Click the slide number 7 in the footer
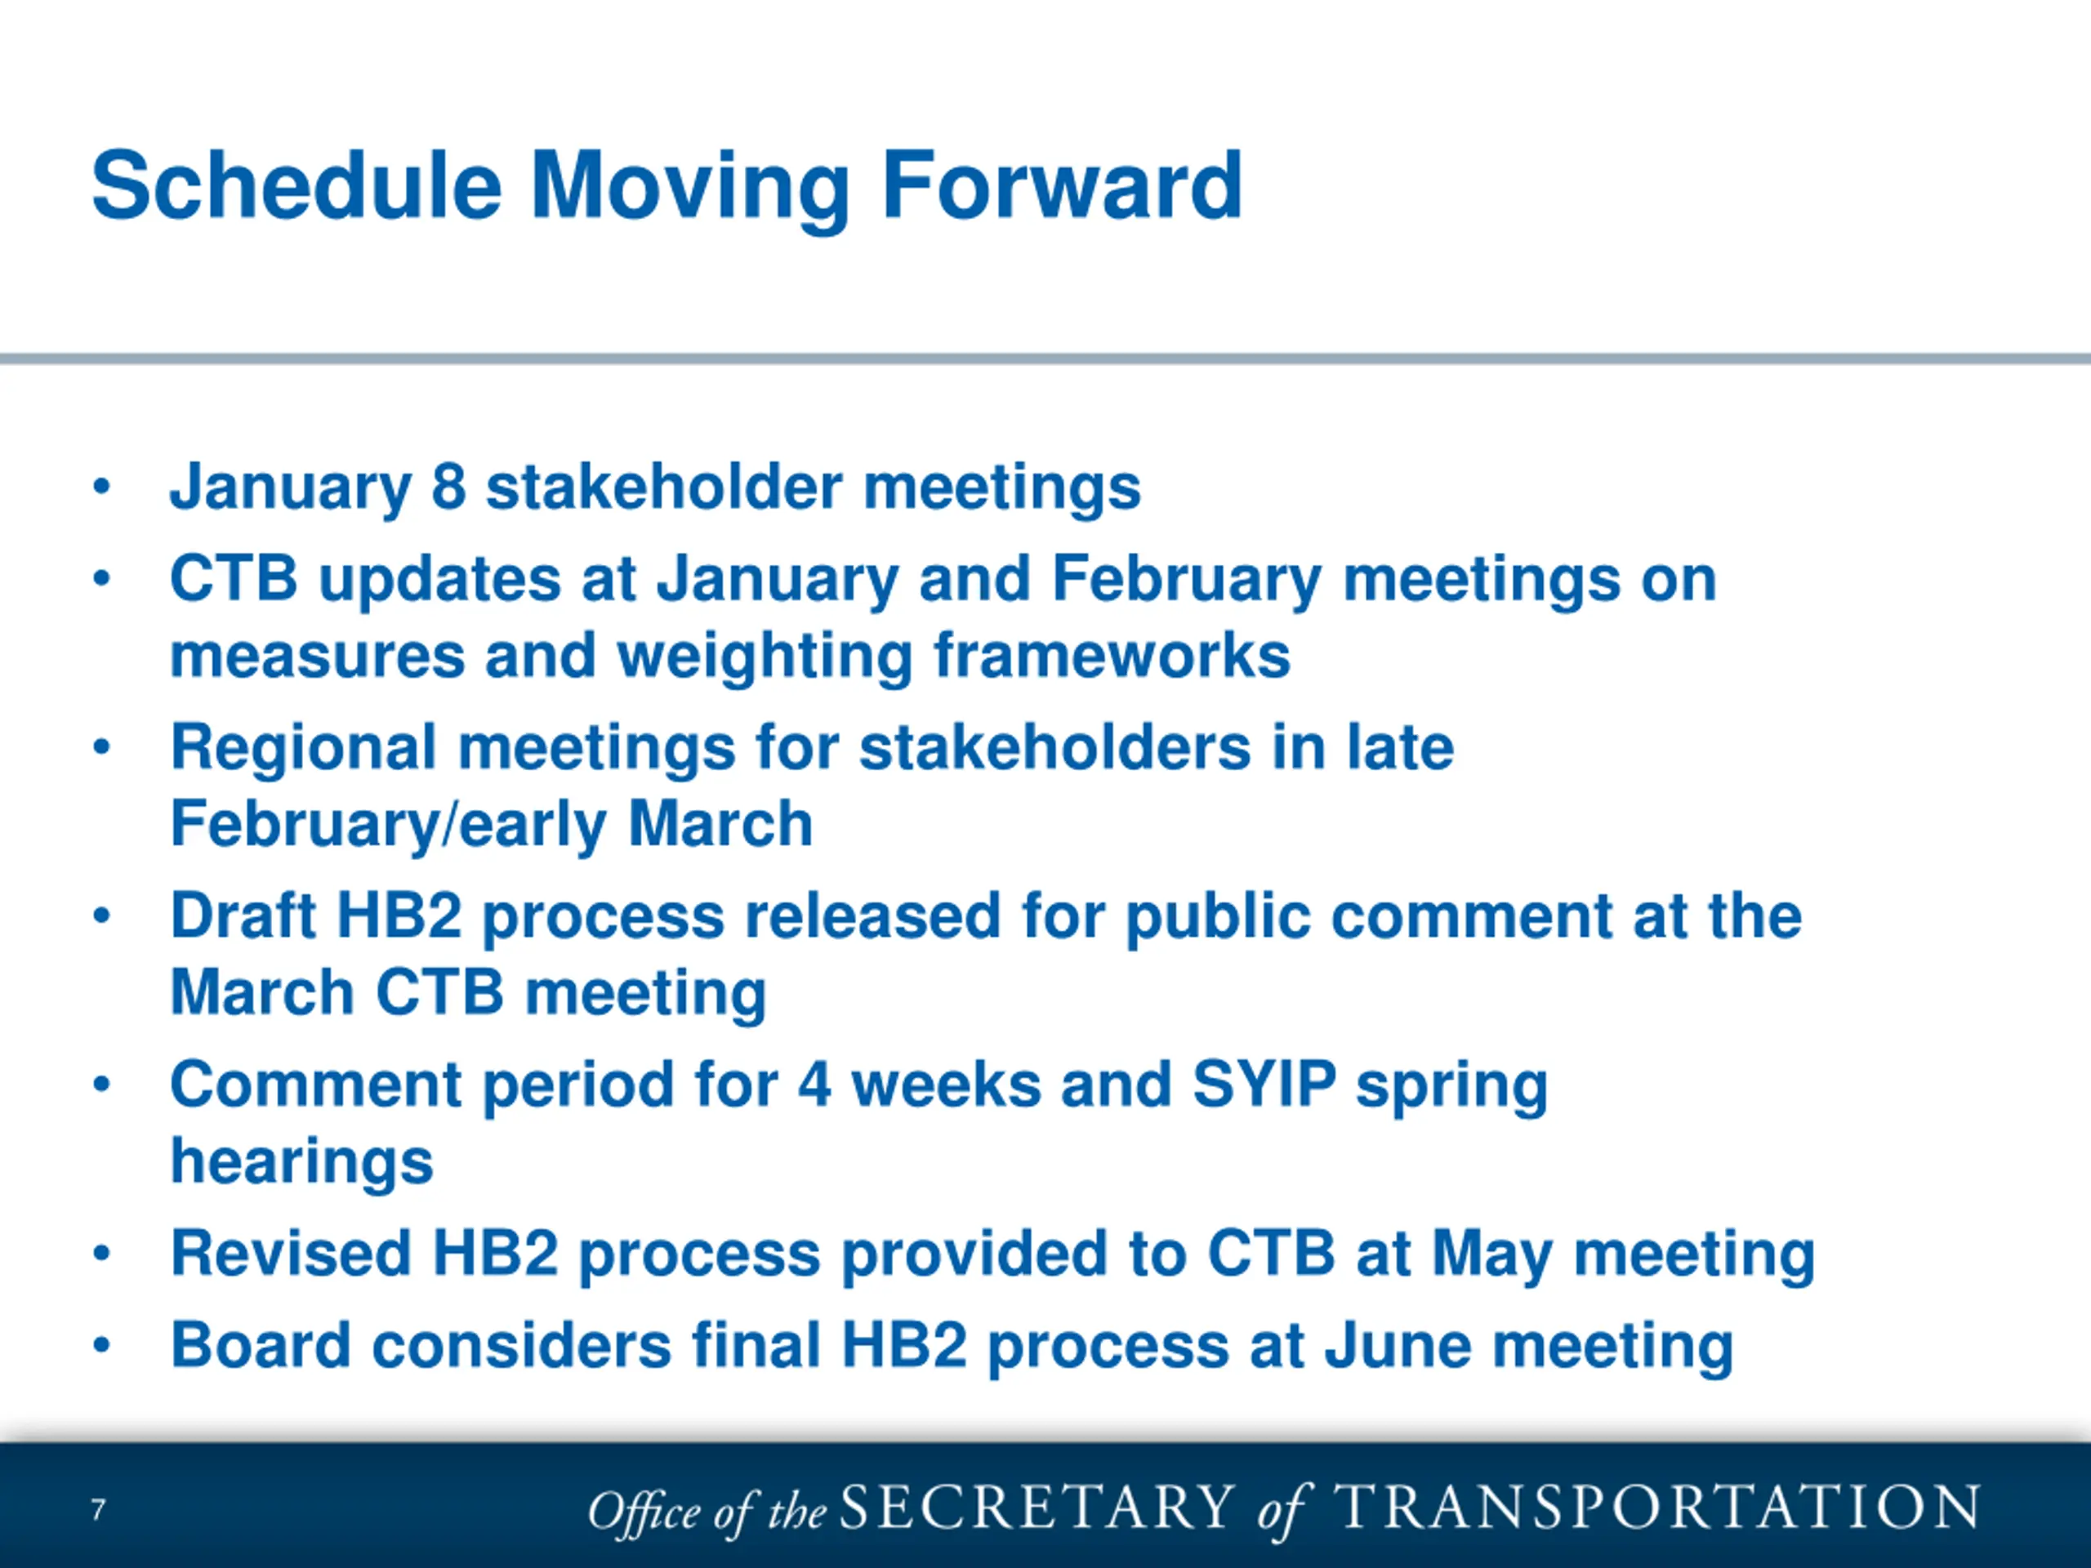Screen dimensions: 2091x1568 (x=98, y=1508)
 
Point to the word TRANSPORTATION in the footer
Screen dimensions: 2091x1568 (x=1656, y=1507)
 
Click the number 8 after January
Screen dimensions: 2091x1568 (x=449, y=487)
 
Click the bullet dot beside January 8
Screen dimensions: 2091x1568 (x=102, y=488)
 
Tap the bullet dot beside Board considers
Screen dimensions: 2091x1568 (x=102, y=1346)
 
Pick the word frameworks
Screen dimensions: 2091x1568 (x=1112, y=655)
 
